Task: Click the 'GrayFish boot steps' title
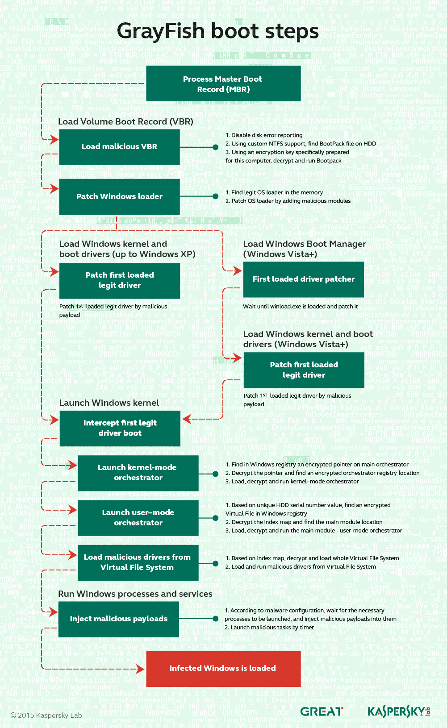218,31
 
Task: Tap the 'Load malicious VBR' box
119,147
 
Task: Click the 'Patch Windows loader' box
119,197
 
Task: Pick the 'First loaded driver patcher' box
304,279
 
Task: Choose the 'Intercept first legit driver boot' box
120,428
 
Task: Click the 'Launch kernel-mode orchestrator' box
138,473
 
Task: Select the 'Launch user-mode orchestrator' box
138,518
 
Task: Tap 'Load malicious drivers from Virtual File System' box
138,562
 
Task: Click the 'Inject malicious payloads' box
119,619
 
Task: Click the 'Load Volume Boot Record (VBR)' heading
125,122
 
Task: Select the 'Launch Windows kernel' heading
109,403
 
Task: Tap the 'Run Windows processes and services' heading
135,594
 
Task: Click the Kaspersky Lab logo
398,711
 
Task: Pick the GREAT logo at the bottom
322,711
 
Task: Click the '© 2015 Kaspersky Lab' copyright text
46,716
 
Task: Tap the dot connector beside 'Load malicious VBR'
216,147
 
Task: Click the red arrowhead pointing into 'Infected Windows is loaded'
140,669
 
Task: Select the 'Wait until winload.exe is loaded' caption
301,307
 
